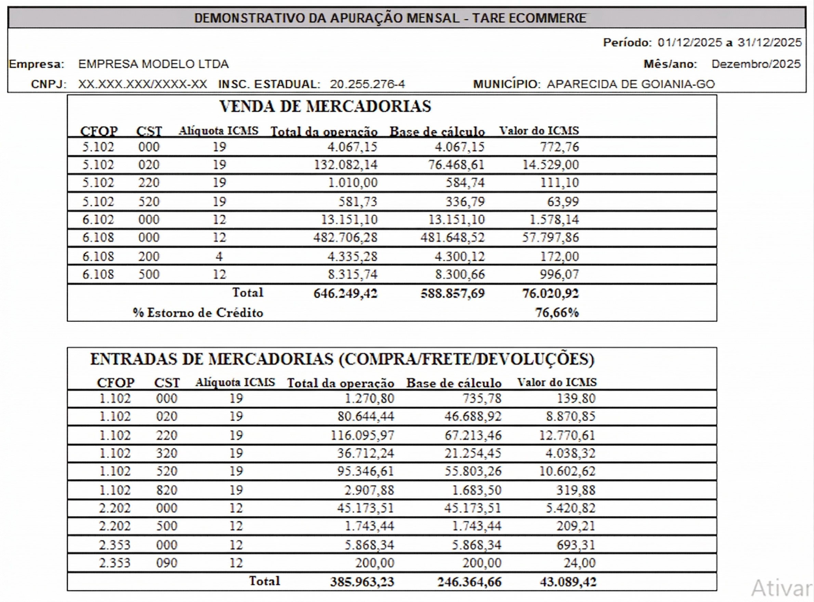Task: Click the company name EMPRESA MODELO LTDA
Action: (x=154, y=64)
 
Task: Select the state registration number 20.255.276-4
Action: (x=367, y=84)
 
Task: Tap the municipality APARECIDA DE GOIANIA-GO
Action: (x=631, y=84)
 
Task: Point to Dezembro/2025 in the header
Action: (x=756, y=64)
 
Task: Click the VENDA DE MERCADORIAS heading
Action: (x=325, y=106)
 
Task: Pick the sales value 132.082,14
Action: (x=346, y=165)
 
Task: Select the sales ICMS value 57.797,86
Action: (x=551, y=238)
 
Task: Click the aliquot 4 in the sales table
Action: (x=219, y=257)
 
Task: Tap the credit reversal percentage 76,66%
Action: (x=557, y=313)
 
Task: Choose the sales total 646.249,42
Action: (x=345, y=293)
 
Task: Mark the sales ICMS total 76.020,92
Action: (x=551, y=293)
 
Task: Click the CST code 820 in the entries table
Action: (x=167, y=490)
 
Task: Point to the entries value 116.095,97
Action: (x=362, y=435)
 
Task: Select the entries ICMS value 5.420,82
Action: (x=570, y=508)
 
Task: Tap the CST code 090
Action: (x=167, y=563)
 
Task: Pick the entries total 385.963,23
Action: (x=362, y=581)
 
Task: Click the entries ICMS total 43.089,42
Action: (x=568, y=581)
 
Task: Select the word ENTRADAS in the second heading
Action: (x=134, y=359)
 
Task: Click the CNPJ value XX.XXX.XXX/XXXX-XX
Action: (x=143, y=84)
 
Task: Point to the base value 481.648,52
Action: (x=452, y=238)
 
